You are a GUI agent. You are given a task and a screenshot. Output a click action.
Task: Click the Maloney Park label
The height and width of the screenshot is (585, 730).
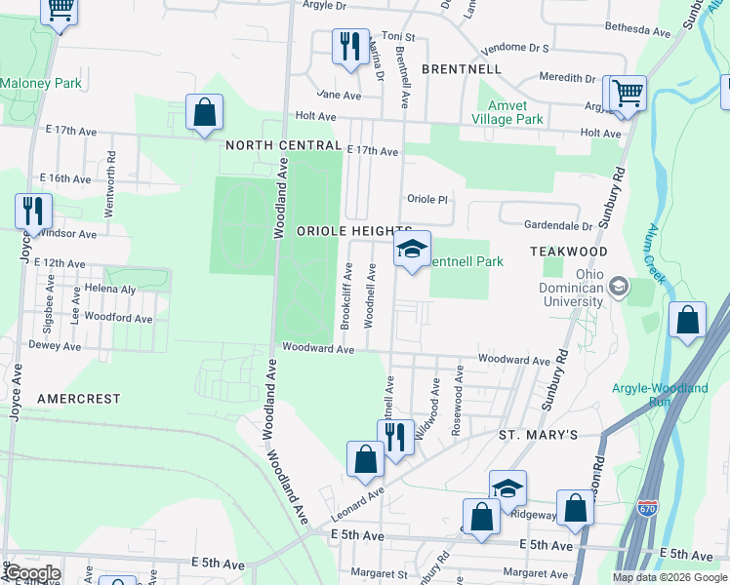41,84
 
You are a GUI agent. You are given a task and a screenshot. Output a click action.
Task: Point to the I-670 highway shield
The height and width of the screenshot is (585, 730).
649,509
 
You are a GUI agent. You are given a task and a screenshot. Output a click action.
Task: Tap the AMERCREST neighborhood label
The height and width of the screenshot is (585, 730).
78,399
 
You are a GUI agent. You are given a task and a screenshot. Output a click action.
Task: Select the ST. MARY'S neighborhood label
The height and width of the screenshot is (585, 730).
539,434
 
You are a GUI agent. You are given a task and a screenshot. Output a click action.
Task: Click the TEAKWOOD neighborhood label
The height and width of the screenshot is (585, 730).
569,252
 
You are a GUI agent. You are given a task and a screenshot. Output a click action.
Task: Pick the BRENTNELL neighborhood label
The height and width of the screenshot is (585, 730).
461,69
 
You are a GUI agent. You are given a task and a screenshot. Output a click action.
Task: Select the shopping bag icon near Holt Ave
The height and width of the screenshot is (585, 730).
205,113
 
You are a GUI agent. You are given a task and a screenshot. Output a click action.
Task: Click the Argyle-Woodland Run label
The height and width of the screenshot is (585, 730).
660,395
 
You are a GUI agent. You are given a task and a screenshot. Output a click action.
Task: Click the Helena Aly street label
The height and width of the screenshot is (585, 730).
109,290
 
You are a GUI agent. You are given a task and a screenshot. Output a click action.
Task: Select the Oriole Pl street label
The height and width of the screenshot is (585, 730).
426,199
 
